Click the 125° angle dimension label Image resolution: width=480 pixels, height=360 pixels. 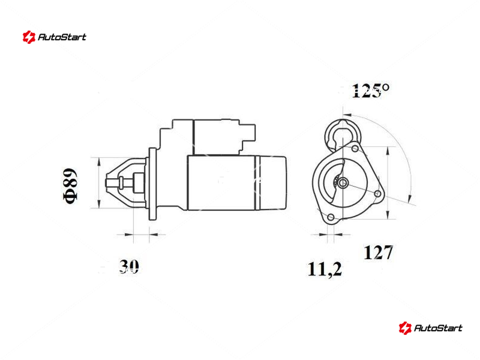[371, 91]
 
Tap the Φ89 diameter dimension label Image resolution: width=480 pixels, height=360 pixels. [70, 185]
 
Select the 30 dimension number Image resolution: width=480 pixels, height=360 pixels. [129, 266]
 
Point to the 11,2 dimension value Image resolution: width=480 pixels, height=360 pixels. [325, 269]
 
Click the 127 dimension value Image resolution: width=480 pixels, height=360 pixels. [378, 253]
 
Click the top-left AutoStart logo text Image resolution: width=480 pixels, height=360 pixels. [62, 37]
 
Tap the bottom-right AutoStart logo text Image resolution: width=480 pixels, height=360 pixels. [438, 328]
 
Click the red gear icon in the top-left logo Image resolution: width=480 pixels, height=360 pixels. [29, 37]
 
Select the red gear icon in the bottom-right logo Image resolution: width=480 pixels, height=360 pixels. [405, 328]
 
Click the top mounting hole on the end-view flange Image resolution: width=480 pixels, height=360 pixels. [355, 149]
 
